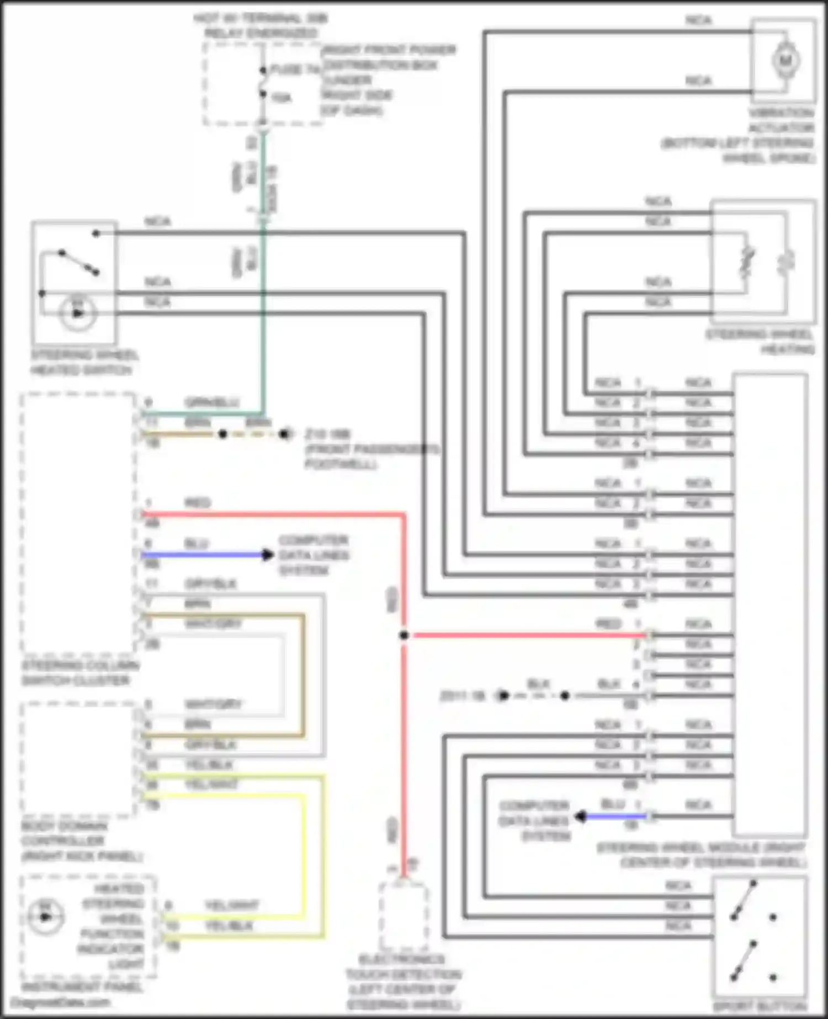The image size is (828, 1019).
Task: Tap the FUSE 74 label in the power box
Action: coord(296,70)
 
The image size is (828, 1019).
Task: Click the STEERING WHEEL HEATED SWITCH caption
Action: coord(84,363)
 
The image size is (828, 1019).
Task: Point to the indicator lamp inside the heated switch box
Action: coord(78,314)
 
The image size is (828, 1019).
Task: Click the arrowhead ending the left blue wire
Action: coord(268,555)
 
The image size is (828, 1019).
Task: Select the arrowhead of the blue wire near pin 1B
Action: coord(580,816)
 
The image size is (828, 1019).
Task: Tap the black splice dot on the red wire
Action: coord(404,635)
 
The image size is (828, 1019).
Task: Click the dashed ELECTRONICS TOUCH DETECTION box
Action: coord(404,916)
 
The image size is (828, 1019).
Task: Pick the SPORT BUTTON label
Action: coord(760,1006)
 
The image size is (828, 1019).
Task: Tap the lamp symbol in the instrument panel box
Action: coord(45,917)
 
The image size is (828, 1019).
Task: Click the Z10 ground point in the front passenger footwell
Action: coord(285,434)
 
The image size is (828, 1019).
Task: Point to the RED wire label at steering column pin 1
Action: coord(197,503)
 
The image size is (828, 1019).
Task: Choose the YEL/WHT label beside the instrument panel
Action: coord(232,905)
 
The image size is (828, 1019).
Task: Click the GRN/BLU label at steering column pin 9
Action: coord(212,402)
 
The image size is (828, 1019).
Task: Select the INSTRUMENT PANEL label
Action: coord(81,986)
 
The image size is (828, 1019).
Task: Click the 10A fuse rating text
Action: coord(282,98)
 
